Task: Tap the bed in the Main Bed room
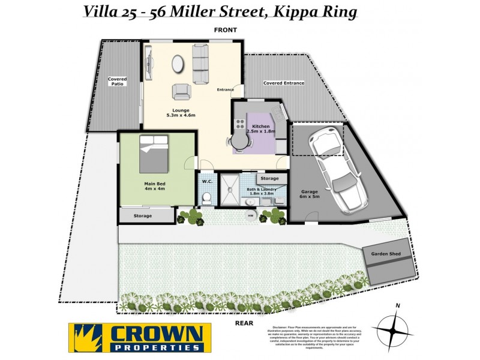point(154,153)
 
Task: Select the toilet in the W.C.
point(206,196)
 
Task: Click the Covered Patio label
point(117,82)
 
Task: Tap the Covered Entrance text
point(284,83)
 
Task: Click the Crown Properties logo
point(138,337)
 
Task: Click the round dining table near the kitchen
point(239,142)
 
